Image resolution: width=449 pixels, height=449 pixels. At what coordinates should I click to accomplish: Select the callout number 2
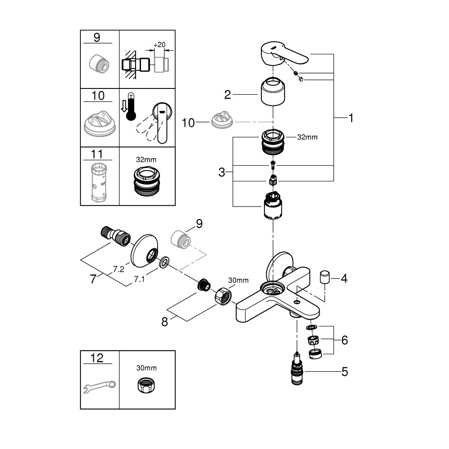pos(228,95)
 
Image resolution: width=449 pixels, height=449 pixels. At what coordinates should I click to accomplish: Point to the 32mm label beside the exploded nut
pos(307,137)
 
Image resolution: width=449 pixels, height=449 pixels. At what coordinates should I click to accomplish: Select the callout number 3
pos(221,172)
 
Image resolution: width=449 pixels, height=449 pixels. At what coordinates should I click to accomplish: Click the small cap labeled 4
pos(325,277)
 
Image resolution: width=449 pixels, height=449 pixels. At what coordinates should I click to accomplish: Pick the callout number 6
pos(344,340)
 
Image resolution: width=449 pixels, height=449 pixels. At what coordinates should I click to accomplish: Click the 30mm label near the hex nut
pos(238,280)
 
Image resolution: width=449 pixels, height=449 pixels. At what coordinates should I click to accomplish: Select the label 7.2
pos(118,269)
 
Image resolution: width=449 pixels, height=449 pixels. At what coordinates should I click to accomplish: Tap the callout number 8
pos(165,321)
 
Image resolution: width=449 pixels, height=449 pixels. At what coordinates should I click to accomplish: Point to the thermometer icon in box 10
pos(131,107)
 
